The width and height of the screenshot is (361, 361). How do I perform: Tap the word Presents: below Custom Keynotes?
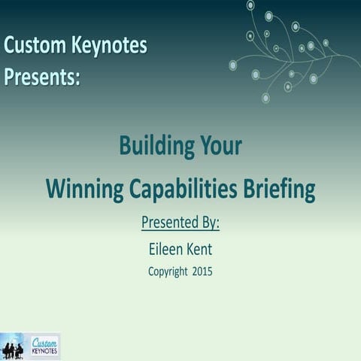42,77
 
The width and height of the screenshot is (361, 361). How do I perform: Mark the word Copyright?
168,272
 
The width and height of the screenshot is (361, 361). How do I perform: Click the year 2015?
202,272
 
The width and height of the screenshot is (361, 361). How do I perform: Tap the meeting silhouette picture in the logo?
13,348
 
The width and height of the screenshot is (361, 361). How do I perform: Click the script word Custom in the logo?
44,342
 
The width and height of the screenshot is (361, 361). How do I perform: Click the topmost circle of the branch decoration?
250,5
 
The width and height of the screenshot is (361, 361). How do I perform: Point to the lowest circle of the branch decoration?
265,98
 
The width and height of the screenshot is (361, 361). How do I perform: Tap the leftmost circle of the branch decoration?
233,65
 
